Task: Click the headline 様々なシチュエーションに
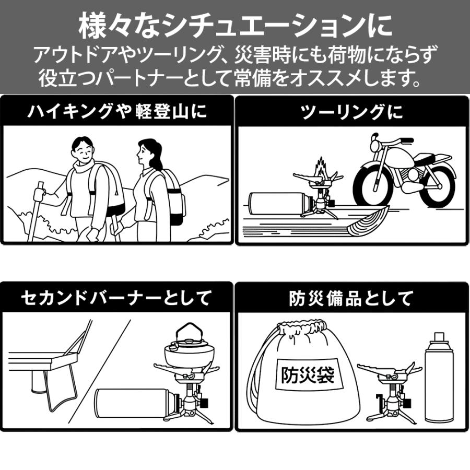pyautogui.click(x=235, y=25)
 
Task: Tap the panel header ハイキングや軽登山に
pyautogui.click(x=117, y=111)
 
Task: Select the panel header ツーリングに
pyautogui.click(x=352, y=111)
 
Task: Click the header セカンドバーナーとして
pyautogui.click(x=117, y=298)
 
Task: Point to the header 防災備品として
pyautogui.click(x=352, y=298)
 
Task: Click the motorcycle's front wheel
pyautogui.click(x=373, y=185)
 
